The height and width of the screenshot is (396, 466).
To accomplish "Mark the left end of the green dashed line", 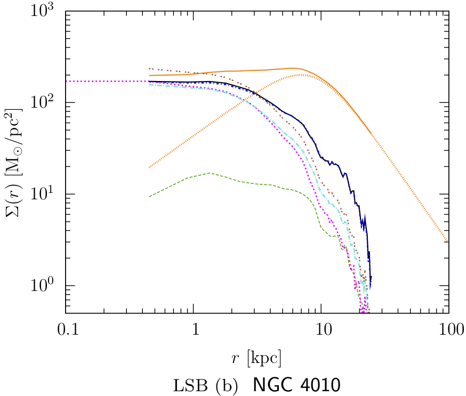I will pyautogui.click(x=149, y=197).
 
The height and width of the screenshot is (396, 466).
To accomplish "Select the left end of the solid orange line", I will pyautogui.click(x=149, y=76).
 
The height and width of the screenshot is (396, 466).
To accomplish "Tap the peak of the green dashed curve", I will pyautogui.click(x=210, y=173).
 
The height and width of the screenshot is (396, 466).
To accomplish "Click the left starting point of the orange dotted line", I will pyautogui.click(x=149, y=168).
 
